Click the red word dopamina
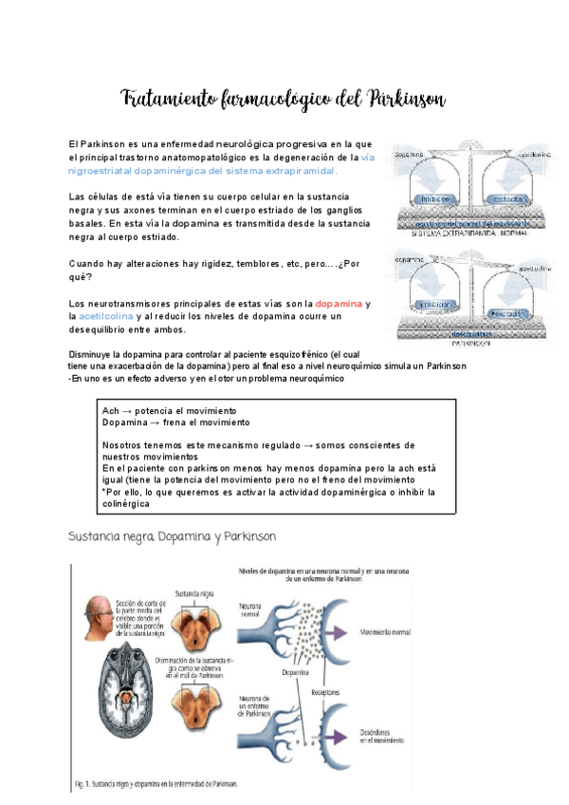tap(339, 303)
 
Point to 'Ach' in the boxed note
tap(110, 409)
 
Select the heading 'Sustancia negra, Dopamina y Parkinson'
tap(172, 536)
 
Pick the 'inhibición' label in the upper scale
tap(431, 199)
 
